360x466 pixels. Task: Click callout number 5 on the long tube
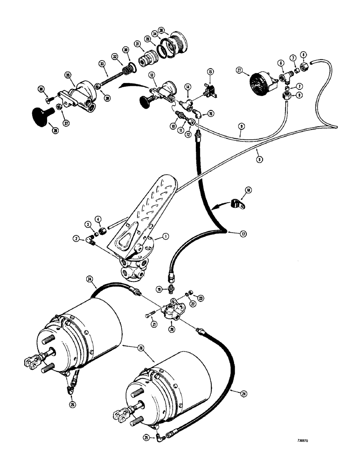tap(259, 158)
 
